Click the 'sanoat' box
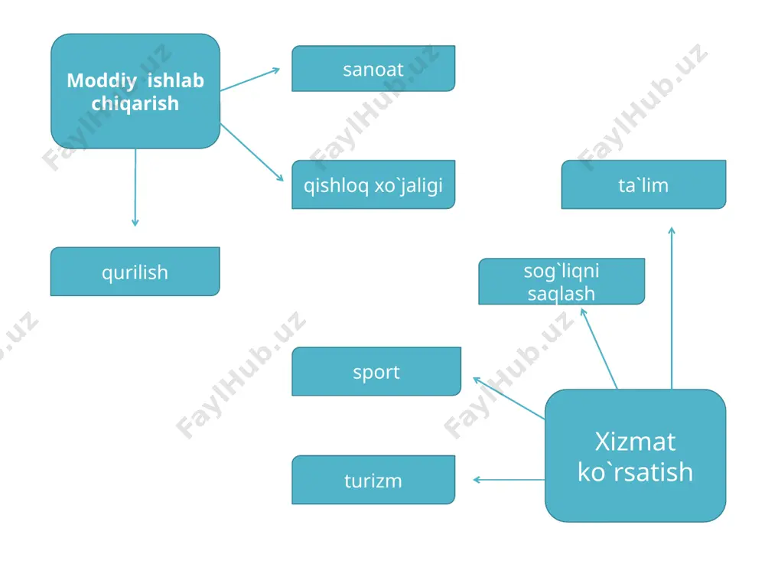click(373, 68)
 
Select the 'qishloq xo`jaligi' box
click(373, 184)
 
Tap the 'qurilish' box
click(135, 272)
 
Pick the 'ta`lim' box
click(643, 184)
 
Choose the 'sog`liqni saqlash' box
click(562, 281)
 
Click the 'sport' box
click(376, 371)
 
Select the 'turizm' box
click(373, 480)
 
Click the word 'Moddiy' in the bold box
click(102, 81)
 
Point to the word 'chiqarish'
click(135, 104)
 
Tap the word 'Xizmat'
click(635, 442)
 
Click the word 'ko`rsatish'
click(635, 472)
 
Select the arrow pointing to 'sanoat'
click(250, 80)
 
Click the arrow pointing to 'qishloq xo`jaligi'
click(252, 152)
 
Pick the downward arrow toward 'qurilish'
click(135, 188)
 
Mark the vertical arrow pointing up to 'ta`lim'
click(672, 308)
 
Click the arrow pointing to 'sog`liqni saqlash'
click(599, 349)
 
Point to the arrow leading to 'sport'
click(509, 398)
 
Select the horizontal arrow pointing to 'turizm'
click(509, 480)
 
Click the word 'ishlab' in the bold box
click(176, 80)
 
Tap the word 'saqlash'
click(562, 294)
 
